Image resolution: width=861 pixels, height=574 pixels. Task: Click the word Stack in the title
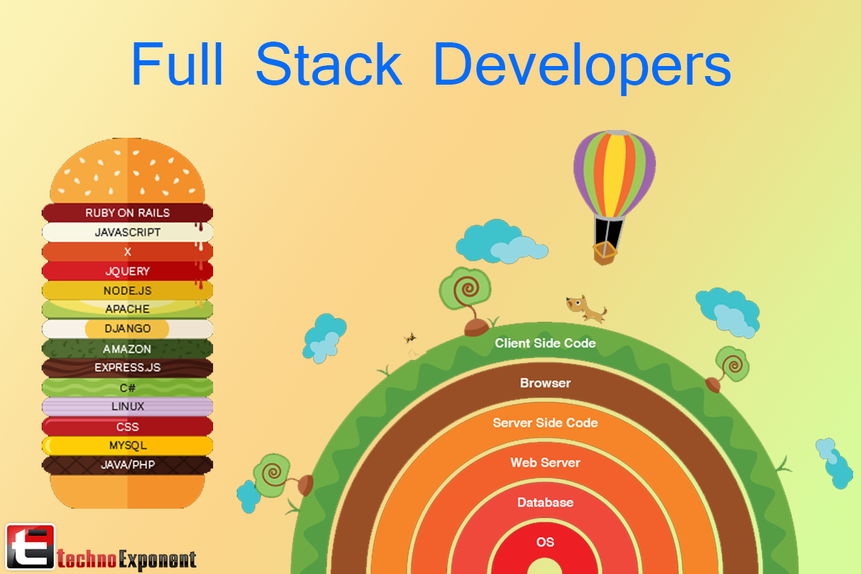328,65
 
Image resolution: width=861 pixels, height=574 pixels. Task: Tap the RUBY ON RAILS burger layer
128,213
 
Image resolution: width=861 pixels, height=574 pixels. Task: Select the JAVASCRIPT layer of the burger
128,232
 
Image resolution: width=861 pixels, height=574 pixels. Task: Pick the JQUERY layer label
128,271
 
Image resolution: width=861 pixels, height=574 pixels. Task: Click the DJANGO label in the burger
128,329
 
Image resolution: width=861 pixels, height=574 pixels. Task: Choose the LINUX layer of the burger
128,406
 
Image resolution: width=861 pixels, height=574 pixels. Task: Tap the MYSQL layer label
128,446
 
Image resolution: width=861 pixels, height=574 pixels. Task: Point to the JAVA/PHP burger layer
128,465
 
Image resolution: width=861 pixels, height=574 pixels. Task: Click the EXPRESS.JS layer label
128,367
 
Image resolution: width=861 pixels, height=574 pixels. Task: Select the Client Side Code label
545,343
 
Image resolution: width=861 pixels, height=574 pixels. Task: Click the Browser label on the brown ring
545,383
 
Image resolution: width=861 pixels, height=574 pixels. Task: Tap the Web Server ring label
545,463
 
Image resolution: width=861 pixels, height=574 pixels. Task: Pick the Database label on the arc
545,502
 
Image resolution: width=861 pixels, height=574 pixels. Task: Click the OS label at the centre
545,542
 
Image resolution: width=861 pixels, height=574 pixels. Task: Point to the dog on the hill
585,308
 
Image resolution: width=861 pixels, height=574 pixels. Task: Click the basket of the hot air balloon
605,253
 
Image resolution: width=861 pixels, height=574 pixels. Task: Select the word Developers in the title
582,65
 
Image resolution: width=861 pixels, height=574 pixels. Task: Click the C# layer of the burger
128,387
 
